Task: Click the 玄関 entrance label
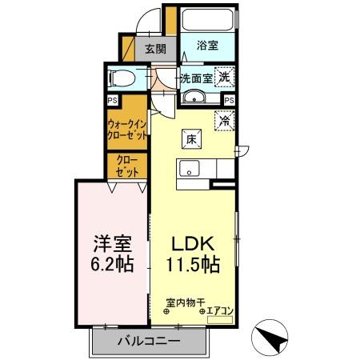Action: pos(154,48)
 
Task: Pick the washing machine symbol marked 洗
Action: pos(227,78)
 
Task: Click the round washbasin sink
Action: pos(194,98)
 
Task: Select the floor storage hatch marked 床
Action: pos(192,138)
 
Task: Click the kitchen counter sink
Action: pos(190,169)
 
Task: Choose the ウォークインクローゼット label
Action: pos(127,130)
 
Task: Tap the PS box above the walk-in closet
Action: pos(113,100)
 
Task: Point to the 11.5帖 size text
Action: pos(195,263)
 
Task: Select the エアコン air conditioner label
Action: pos(219,310)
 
